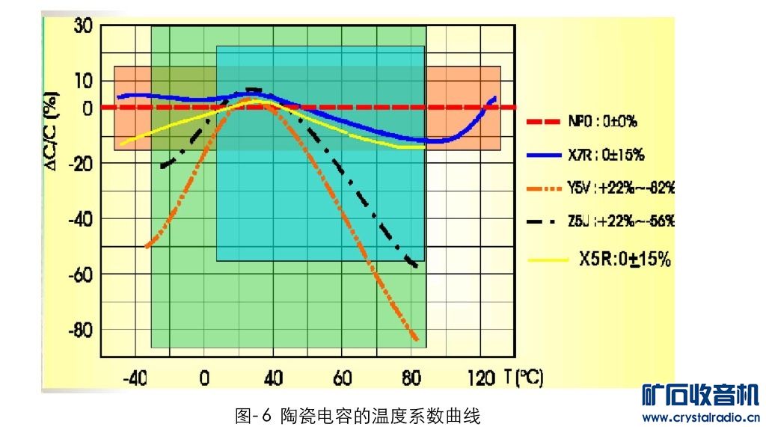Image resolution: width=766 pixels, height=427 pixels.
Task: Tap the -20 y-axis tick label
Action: pyautogui.click(x=79, y=165)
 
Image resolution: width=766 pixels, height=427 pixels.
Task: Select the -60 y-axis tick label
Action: pyautogui.click(x=79, y=274)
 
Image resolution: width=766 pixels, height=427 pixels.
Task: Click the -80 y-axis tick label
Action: pyautogui.click(x=79, y=330)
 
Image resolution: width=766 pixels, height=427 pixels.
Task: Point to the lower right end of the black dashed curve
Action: pyautogui.click(x=415, y=266)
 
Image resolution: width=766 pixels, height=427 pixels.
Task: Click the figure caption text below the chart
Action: pyautogui.click(x=357, y=415)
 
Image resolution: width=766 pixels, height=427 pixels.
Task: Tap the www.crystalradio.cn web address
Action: pyautogui.click(x=701, y=417)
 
